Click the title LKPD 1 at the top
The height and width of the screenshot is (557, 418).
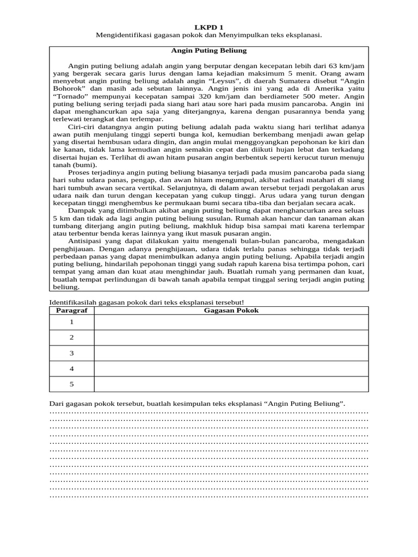[x=209, y=27]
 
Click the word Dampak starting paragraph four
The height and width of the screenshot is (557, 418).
[x=83, y=211]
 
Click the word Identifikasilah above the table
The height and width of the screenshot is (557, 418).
[x=76, y=302]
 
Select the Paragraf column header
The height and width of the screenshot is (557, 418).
[x=71, y=310]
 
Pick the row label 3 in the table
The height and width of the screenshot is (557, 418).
[x=71, y=353]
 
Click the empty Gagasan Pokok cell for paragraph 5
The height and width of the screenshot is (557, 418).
[x=231, y=384]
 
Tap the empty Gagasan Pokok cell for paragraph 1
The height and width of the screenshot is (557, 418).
[x=231, y=322]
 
